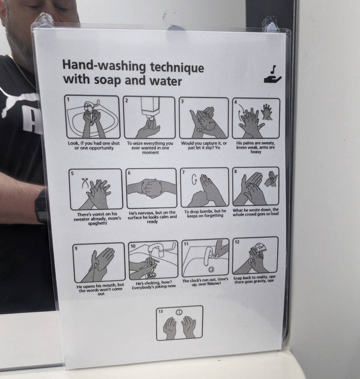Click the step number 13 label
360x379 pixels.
(160, 311)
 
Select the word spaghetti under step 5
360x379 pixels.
(97, 223)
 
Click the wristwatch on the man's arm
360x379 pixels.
(41, 206)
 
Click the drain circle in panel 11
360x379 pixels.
(211, 269)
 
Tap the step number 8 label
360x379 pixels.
(235, 171)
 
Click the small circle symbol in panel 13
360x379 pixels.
(179, 312)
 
